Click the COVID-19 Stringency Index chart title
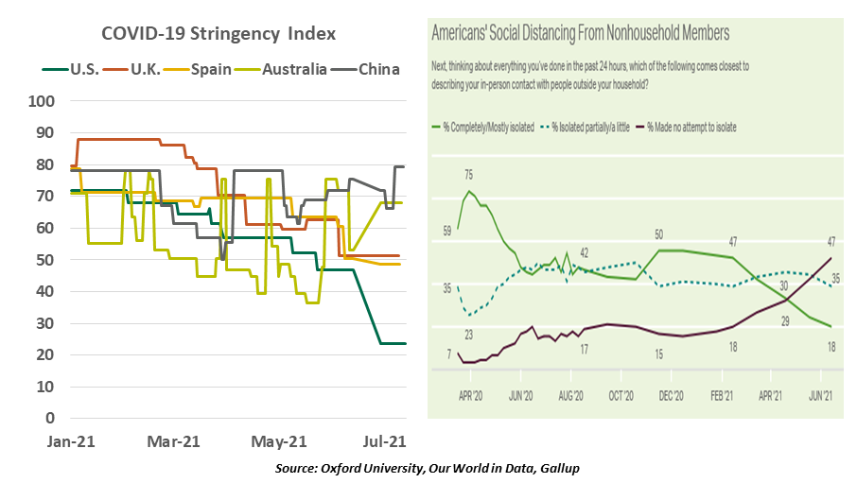point(219,35)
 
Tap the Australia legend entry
point(296,69)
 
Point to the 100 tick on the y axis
point(43,101)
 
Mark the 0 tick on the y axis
point(50,418)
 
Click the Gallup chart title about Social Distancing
point(580,33)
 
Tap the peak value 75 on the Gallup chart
point(468,175)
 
